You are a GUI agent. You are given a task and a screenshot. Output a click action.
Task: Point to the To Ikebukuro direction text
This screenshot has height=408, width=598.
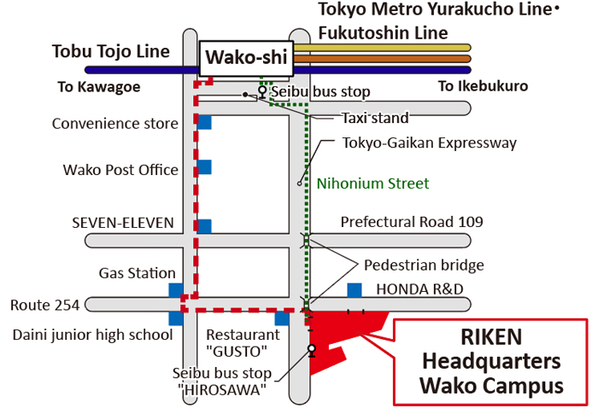click(483, 86)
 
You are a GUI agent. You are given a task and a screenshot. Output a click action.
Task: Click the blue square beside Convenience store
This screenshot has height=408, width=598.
click(203, 122)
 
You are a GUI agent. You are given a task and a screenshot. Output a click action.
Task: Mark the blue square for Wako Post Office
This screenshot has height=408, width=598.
click(203, 168)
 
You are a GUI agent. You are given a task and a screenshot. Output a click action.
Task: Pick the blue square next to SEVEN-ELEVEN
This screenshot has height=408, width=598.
click(203, 226)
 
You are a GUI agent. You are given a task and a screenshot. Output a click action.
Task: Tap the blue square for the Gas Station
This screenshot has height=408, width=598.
click(175, 289)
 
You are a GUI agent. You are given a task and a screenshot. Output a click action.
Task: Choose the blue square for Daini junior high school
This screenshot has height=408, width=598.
click(175, 318)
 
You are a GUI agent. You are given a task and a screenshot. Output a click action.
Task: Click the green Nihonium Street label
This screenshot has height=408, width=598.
click(372, 184)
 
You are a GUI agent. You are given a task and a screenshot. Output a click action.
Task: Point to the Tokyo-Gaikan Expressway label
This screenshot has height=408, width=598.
click(429, 143)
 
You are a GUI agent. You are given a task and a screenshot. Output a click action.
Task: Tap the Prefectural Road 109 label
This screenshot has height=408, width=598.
click(412, 222)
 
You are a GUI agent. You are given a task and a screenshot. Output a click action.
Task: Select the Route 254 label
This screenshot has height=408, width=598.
click(44, 305)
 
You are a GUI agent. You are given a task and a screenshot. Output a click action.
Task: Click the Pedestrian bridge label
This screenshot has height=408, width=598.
click(424, 265)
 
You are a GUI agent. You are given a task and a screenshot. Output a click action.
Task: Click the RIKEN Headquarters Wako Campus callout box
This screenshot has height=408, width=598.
click(490, 361)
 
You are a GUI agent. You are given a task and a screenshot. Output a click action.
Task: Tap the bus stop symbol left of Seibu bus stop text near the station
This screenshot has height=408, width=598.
click(262, 90)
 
